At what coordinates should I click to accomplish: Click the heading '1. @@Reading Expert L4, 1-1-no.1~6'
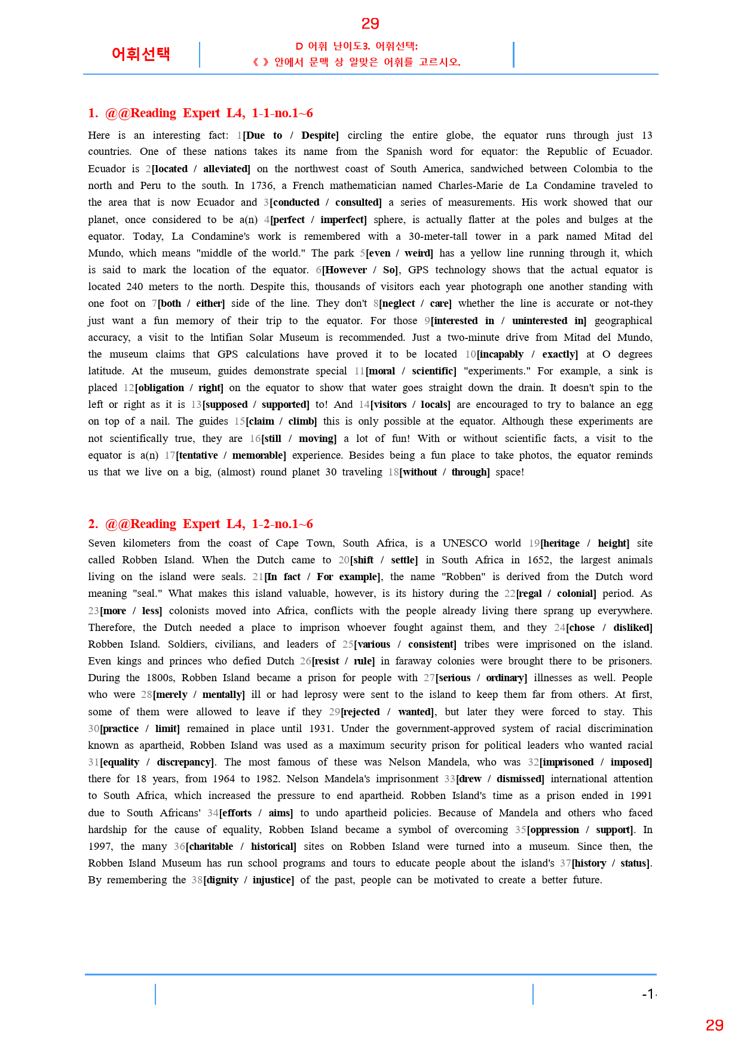click(200, 113)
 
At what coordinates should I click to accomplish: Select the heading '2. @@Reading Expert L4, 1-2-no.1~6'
click(200, 524)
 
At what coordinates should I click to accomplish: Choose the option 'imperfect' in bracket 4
click(343, 219)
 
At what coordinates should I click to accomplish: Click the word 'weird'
click(418, 253)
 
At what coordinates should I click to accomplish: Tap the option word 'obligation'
click(161, 388)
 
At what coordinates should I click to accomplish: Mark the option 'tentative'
click(199, 455)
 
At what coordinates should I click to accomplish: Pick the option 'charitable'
click(211, 846)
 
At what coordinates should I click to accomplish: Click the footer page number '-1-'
click(649, 994)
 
